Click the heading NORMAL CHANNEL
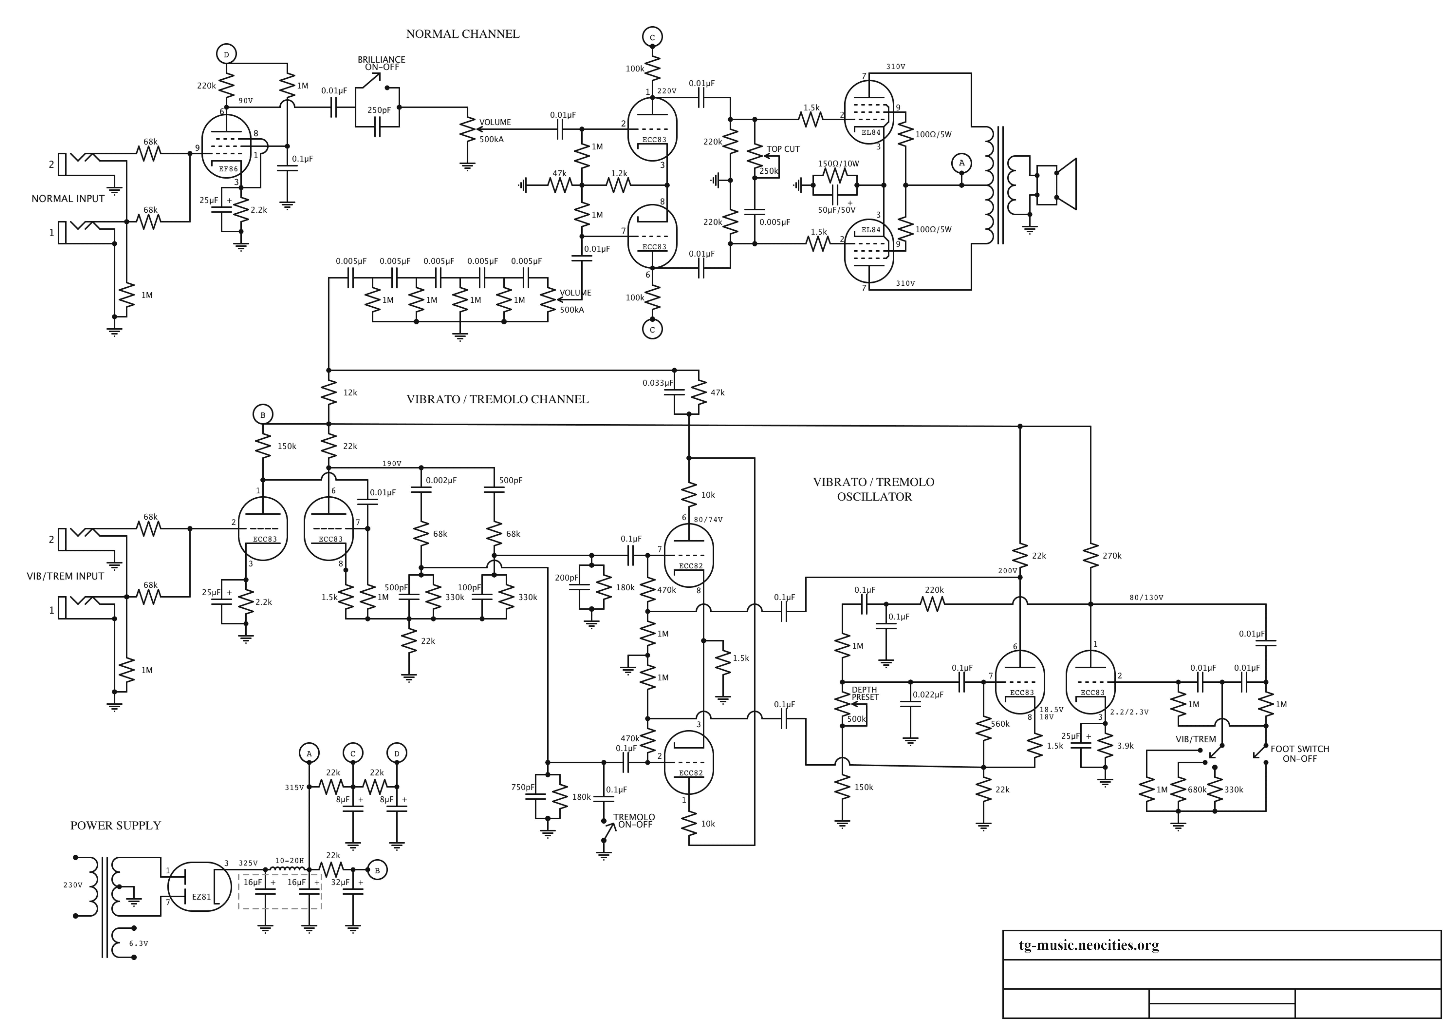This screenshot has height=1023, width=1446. click(x=463, y=34)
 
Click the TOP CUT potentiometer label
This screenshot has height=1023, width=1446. click(x=783, y=149)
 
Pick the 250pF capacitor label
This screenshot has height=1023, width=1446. click(x=379, y=110)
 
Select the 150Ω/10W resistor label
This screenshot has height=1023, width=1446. click(x=838, y=164)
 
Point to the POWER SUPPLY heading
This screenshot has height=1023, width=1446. click(x=116, y=825)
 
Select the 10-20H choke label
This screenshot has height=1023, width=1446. click(x=290, y=860)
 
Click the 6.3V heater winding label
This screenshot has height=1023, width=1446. click(x=139, y=944)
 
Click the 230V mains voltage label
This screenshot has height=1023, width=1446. click(x=73, y=885)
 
